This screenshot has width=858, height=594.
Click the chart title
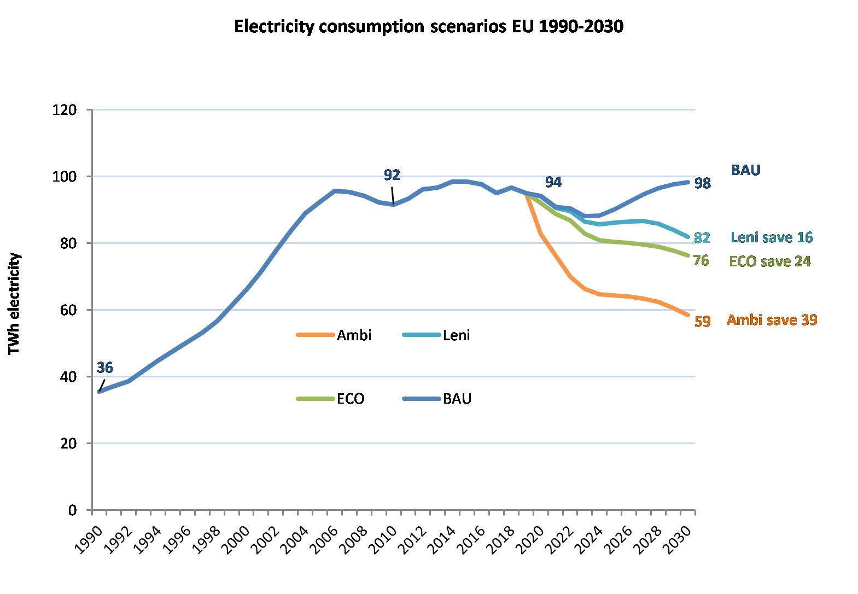[x=428, y=27]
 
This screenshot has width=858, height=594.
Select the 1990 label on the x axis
[x=88, y=539]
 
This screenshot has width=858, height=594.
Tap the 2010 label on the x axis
[x=383, y=539]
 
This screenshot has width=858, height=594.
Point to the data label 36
[x=104, y=368]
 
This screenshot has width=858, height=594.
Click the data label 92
[x=392, y=175]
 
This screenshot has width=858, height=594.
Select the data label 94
[x=553, y=182]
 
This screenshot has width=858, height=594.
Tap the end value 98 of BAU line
[x=702, y=184]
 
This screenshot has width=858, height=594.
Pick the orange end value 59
[x=702, y=322]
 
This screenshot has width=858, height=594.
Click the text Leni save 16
[x=772, y=237]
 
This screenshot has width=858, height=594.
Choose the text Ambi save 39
[x=772, y=321]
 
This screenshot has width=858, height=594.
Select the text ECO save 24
[x=770, y=262]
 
